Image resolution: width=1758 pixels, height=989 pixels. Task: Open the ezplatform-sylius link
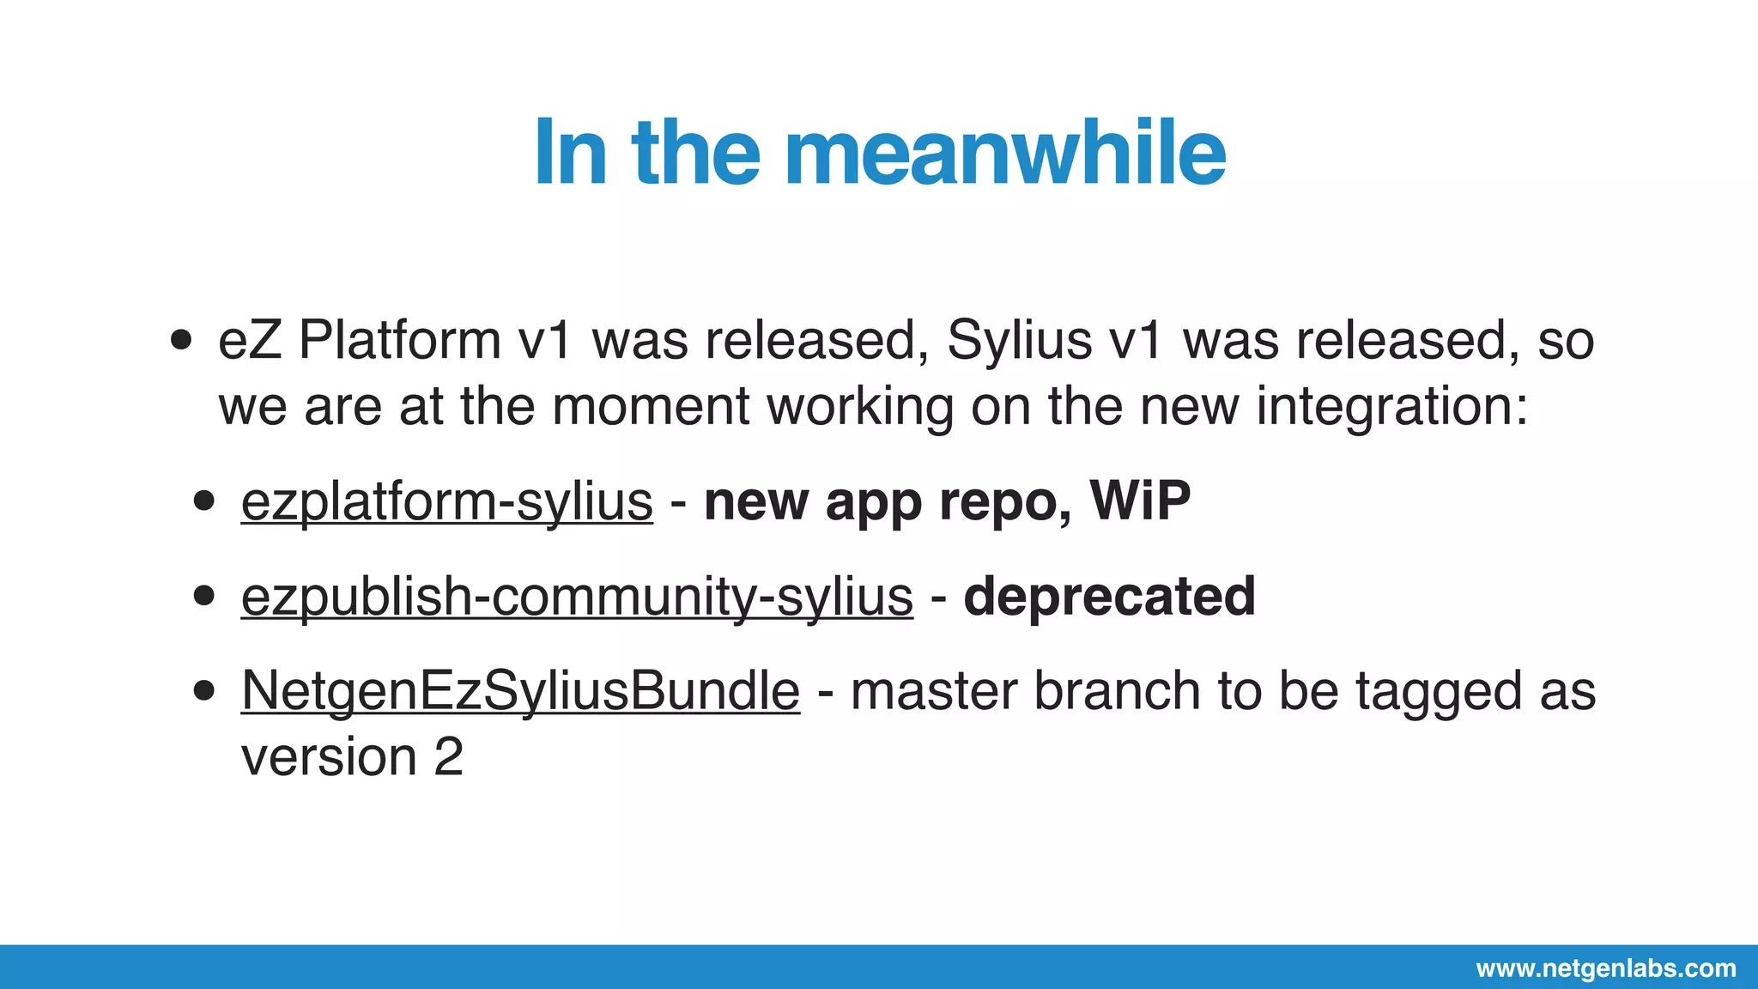[x=446, y=501]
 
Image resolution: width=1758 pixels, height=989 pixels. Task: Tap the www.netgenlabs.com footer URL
[x=1606, y=968]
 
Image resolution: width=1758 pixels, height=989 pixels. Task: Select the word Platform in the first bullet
[x=399, y=340]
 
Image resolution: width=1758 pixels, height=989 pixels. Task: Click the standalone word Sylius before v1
[x=1019, y=340]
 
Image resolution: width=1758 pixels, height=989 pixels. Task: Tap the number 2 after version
[x=448, y=757]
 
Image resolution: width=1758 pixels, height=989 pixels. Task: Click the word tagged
[x=1439, y=692]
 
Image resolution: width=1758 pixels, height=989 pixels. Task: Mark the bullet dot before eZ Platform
[x=181, y=340]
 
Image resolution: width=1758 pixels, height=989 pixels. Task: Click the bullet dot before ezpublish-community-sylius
[x=203, y=596]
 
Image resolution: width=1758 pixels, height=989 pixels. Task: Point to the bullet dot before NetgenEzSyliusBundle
[x=203, y=690]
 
